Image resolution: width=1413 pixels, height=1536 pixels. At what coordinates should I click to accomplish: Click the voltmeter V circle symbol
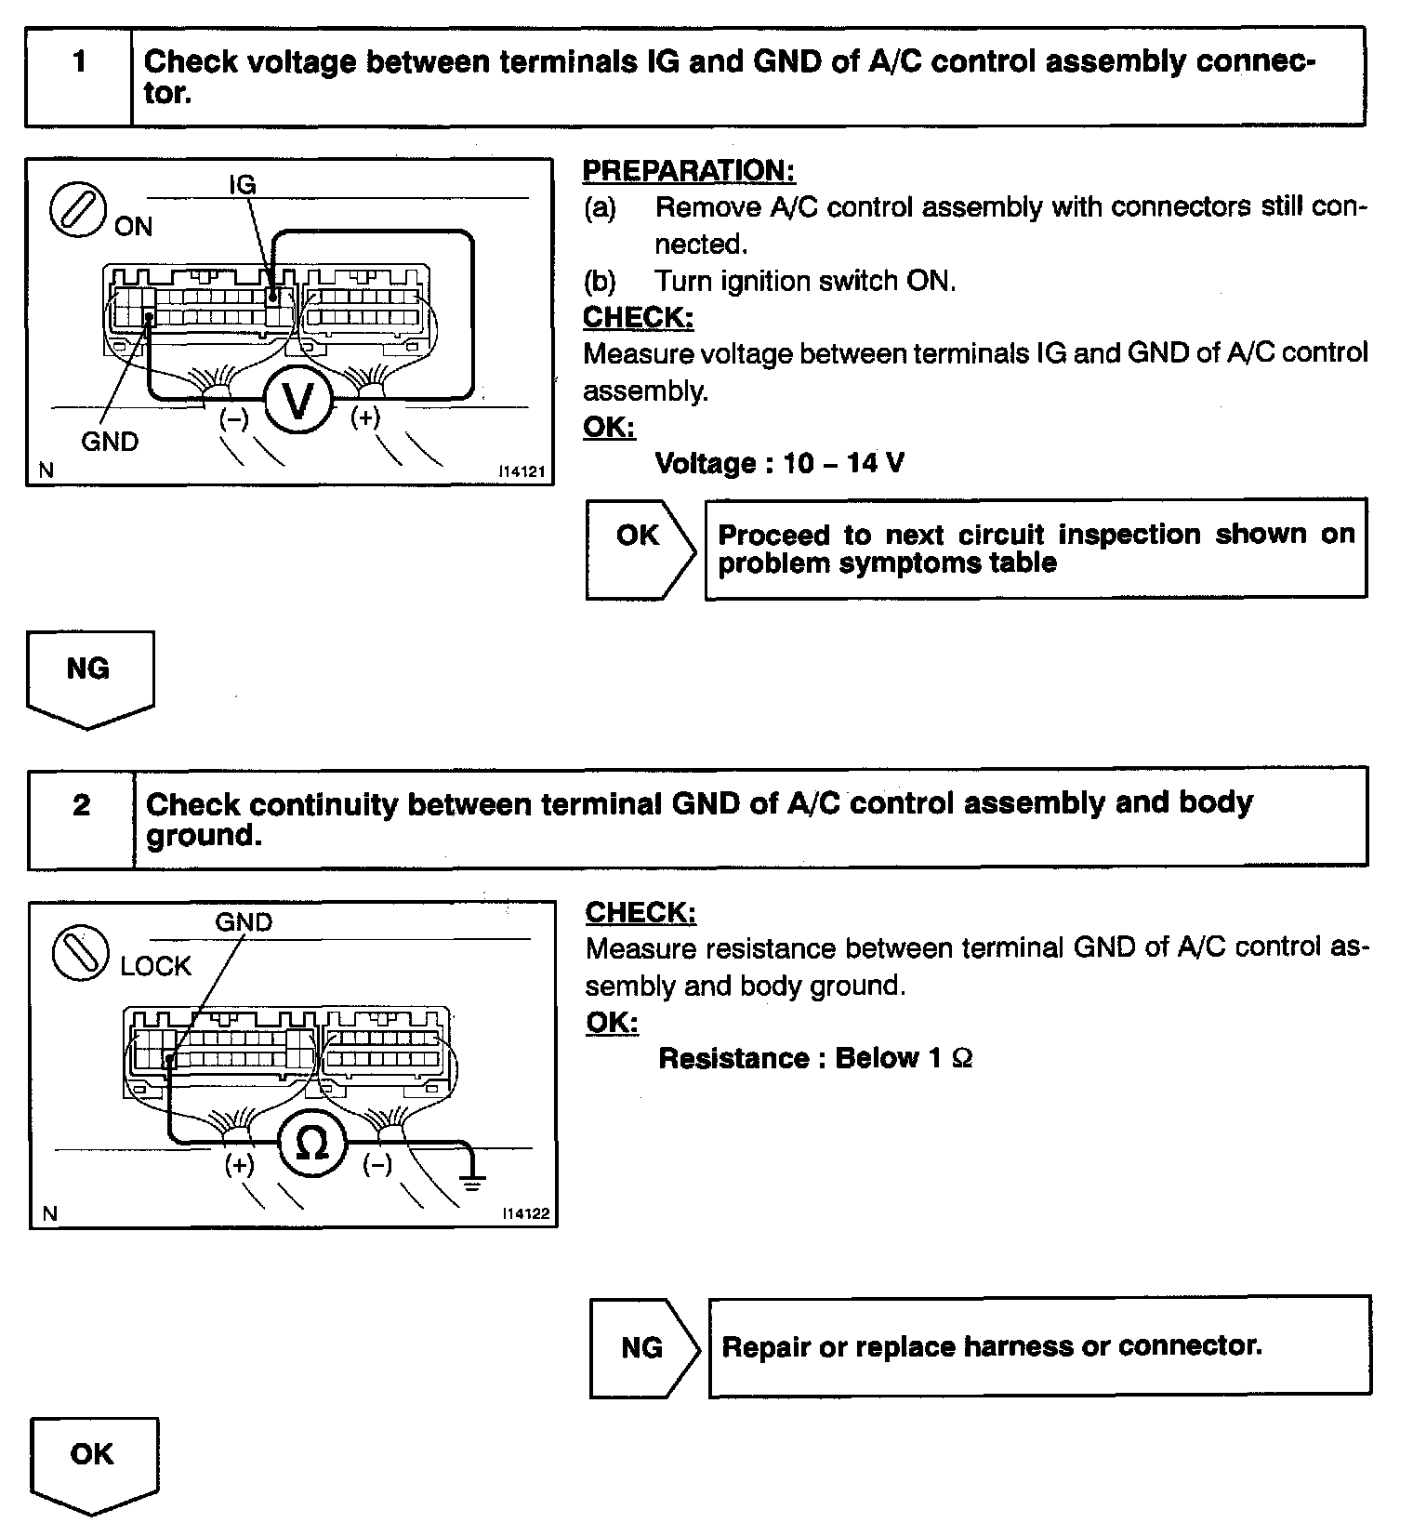tap(297, 402)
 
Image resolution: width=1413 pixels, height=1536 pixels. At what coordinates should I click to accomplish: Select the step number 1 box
tap(79, 62)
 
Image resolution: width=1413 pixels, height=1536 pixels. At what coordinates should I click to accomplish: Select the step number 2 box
tap(82, 805)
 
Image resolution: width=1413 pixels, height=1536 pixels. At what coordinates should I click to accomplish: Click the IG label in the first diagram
tap(242, 184)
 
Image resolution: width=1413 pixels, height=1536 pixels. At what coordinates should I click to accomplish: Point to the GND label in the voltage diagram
tap(110, 441)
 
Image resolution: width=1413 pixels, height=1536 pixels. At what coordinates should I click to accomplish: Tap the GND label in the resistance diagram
tap(244, 922)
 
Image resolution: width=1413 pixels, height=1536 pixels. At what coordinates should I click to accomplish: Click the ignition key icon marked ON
tap(76, 208)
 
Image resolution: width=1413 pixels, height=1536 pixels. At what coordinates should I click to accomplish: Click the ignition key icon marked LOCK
tap(81, 952)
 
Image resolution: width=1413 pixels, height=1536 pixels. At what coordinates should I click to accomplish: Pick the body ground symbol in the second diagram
tap(473, 1182)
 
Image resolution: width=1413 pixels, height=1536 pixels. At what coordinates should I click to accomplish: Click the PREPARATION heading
tap(689, 171)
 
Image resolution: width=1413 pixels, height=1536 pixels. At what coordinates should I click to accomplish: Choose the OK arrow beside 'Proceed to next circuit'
tap(640, 549)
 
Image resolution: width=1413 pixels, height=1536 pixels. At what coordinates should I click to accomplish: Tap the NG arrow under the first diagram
tap(89, 677)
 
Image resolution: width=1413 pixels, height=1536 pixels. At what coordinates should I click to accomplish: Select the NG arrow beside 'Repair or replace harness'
tap(643, 1347)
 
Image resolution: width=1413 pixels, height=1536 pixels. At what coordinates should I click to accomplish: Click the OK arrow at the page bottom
tap(91, 1463)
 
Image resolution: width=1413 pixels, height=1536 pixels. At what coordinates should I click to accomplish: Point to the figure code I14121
tap(522, 471)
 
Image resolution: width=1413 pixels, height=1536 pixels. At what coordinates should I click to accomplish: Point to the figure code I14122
tap(525, 1213)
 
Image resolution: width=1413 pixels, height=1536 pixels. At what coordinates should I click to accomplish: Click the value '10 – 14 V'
tap(843, 463)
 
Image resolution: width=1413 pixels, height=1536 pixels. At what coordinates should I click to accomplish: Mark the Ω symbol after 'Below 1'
tap(963, 1058)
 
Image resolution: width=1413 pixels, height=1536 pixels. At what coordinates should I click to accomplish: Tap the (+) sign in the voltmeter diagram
tap(365, 417)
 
